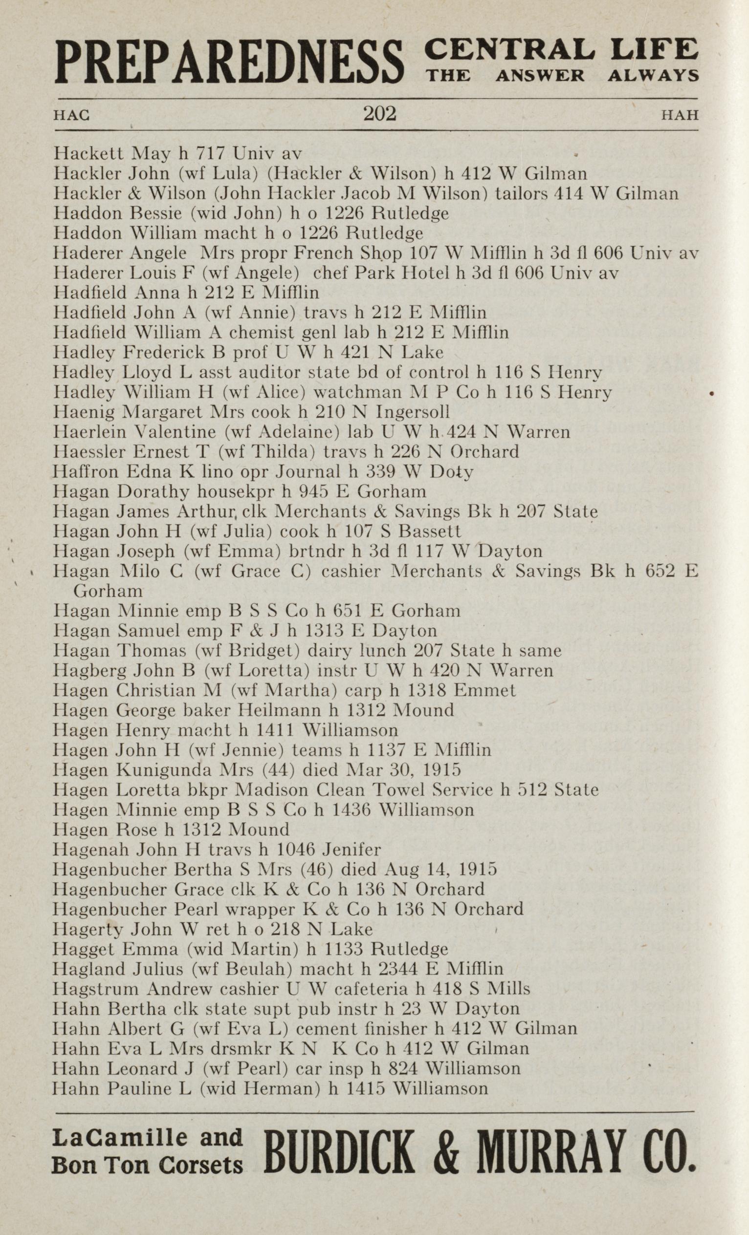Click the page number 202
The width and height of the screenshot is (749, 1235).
380,114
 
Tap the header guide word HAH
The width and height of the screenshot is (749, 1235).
680,115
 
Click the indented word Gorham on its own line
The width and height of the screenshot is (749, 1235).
109,592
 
